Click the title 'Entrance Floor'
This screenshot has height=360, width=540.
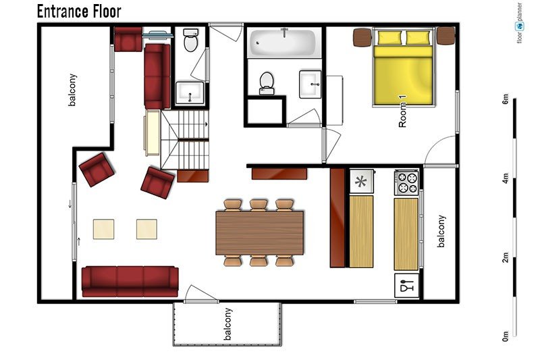pyautogui.click(x=79, y=11)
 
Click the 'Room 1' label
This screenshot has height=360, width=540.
pyautogui.click(x=402, y=111)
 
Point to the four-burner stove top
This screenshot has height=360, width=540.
pyautogui.click(x=407, y=182)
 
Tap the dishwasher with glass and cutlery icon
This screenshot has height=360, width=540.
pyautogui.click(x=407, y=286)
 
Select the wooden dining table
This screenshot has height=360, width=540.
pyautogui.click(x=260, y=233)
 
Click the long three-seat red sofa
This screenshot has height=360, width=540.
pyautogui.click(x=130, y=281)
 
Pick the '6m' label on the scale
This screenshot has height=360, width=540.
pyautogui.click(x=505, y=99)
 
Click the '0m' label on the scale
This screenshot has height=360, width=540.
pyautogui.click(x=505, y=336)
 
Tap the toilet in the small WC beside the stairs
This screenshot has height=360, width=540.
pyautogui.click(x=190, y=41)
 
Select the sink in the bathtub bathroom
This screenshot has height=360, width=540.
pyautogui.click(x=310, y=84)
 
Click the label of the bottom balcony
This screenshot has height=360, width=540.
pyautogui.click(x=227, y=324)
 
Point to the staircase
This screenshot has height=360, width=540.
pyautogui.click(x=185, y=140)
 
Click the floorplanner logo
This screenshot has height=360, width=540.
pyautogui.click(x=519, y=23)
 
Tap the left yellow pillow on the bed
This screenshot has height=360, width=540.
pyautogui.click(x=390, y=38)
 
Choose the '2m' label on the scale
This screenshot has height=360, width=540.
pyautogui.click(x=505, y=257)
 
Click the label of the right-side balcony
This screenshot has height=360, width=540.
pyautogui.click(x=441, y=232)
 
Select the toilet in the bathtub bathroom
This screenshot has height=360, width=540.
pyautogui.click(x=266, y=83)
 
